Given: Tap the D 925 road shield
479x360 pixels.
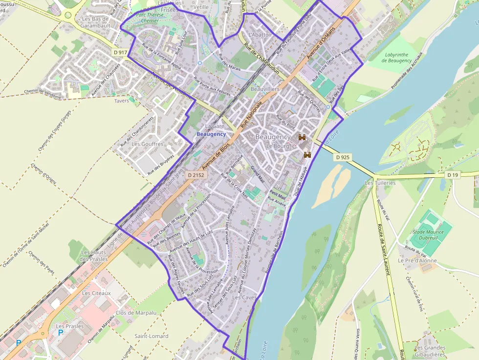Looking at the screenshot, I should pos(343,157).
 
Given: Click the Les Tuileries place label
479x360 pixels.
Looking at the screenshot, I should pos(380,183).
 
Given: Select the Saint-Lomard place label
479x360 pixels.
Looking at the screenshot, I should pos(151,336).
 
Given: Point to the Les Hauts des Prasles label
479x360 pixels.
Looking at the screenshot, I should pos(93,255).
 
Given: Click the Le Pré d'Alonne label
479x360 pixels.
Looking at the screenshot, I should pos(417,261).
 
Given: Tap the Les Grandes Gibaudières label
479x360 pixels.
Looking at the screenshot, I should pos(430,351).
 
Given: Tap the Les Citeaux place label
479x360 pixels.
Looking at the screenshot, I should pos(96,293).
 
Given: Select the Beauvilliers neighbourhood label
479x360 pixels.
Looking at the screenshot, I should pos(264,89).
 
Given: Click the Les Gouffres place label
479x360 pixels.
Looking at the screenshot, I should pos(147,144).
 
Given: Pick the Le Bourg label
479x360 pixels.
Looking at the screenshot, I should pos(278,146).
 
